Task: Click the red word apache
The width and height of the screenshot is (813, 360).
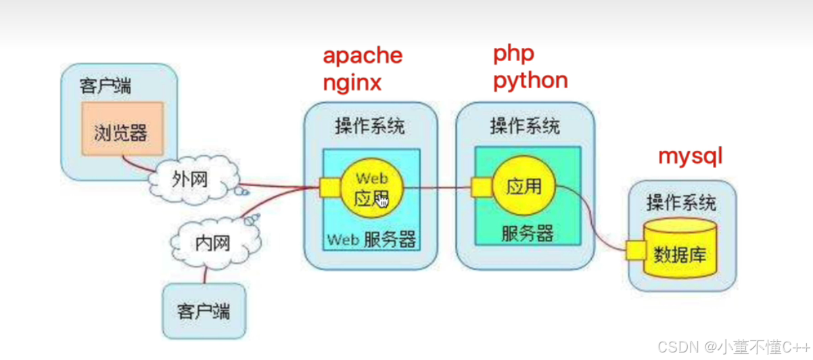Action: (x=362, y=55)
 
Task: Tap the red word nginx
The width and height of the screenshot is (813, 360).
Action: (x=352, y=83)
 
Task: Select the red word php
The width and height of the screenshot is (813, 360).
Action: (x=513, y=52)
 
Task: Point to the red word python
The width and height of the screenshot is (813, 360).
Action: (x=530, y=81)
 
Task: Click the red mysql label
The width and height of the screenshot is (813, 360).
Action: (x=691, y=156)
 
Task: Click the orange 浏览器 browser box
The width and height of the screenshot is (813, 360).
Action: (x=122, y=131)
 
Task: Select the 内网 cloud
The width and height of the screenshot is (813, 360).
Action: (x=212, y=242)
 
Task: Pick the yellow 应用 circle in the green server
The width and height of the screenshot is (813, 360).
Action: (x=524, y=185)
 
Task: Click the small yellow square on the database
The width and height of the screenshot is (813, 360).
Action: (x=636, y=250)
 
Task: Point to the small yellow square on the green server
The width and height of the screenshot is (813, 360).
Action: (x=482, y=187)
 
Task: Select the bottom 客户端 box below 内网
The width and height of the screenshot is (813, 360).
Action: (x=204, y=311)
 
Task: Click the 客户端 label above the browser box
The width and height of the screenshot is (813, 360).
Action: (x=106, y=87)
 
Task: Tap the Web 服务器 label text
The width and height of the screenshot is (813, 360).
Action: (x=371, y=240)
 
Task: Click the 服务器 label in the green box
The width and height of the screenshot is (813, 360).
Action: (x=527, y=233)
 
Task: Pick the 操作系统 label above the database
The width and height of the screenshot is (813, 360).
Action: (x=681, y=202)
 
